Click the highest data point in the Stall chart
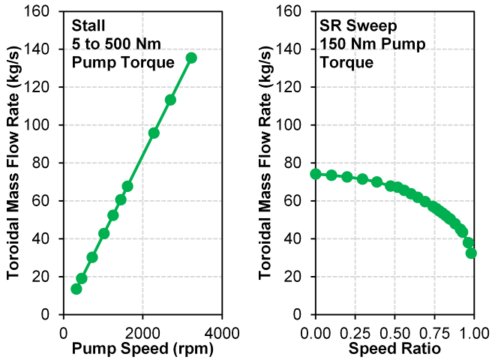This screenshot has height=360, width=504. (x=191, y=58)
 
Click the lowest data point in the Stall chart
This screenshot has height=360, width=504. (x=76, y=289)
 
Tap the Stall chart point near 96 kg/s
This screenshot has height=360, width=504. (x=154, y=133)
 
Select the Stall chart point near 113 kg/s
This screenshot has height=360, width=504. (x=170, y=100)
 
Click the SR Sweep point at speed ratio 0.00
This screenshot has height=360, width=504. (x=316, y=174)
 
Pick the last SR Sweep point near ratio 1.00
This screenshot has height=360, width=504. (x=471, y=253)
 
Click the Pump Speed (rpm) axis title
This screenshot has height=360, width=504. (x=142, y=349)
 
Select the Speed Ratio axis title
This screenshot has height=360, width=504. (x=394, y=349)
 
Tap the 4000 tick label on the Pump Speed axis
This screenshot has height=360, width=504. (x=221, y=331)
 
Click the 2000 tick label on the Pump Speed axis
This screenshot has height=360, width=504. (x=142, y=331)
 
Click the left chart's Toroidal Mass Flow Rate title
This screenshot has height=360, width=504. (x=14, y=162)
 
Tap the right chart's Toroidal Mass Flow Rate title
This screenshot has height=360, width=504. (x=266, y=162)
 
